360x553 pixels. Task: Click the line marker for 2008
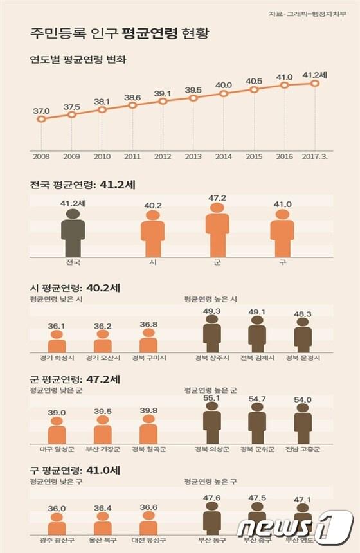(x=42, y=119)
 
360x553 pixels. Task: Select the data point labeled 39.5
(x=194, y=98)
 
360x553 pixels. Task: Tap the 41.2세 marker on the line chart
(x=315, y=83)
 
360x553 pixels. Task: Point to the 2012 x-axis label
(x=163, y=156)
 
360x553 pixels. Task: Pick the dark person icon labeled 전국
(x=73, y=233)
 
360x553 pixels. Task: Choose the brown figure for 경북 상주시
(x=212, y=337)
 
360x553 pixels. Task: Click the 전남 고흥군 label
(x=302, y=449)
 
